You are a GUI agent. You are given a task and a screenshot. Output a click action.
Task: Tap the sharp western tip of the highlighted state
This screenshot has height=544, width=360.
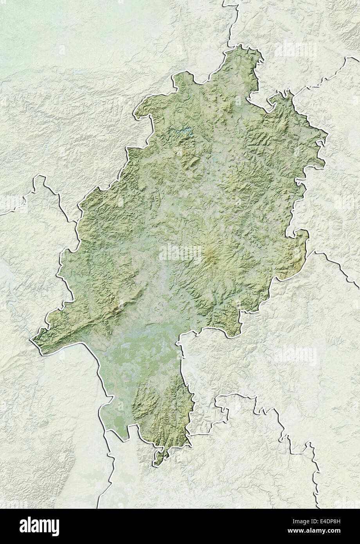click(x=32, y=340)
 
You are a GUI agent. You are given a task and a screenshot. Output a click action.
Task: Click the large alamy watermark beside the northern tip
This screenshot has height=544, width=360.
click(x=295, y=50)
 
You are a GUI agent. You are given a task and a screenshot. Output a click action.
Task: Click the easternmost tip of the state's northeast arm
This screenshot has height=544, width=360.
click(x=326, y=138)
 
